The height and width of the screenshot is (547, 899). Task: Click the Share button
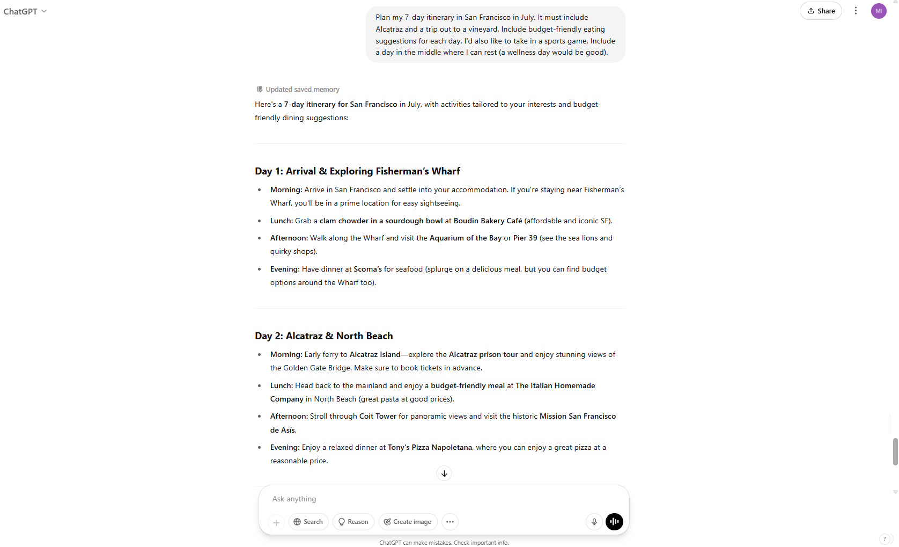pos(821,11)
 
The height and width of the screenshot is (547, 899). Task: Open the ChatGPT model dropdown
pos(25,11)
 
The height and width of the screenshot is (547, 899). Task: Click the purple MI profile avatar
pos(879,11)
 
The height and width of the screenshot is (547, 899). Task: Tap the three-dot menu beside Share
pos(856,11)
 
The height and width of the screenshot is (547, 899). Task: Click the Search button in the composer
pos(308,522)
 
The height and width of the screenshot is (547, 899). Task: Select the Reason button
pos(353,522)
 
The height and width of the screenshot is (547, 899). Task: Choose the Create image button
pos(408,522)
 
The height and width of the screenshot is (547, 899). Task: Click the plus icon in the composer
pos(276,522)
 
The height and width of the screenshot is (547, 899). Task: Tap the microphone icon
pos(594,522)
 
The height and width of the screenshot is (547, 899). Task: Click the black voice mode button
pos(614,522)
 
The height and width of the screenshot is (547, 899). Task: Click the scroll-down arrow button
pos(444,473)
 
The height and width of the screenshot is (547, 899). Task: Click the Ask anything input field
pos(429,499)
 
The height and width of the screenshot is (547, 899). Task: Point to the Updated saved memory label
pos(302,90)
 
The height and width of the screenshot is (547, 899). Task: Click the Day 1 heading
pos(357,171)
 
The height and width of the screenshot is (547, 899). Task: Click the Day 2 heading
pos(323,336)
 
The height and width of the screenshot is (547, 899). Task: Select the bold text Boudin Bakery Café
pos(488,221)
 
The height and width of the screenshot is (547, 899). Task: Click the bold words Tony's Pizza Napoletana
pos(430,447)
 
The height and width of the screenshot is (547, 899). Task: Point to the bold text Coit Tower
pos(378,416)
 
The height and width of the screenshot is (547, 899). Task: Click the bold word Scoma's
pos(367,269)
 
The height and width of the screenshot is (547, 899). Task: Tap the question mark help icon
pos(885,539)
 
